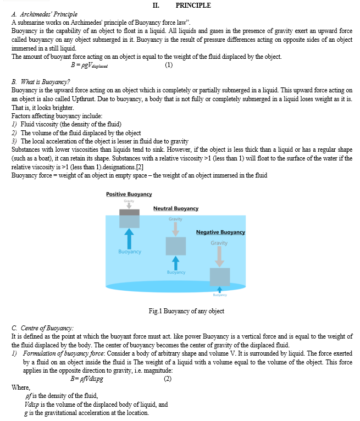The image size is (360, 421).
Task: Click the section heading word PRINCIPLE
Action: click(x=193, y=5)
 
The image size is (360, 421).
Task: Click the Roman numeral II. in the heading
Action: click(x=156, y=5)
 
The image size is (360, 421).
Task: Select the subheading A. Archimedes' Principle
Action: click(x=44, y=14)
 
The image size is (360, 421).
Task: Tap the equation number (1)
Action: click(x=168, y=65)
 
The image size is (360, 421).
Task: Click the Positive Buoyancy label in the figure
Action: click(x=129, y=195)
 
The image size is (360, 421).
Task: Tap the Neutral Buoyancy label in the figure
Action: click(x=176, y=208)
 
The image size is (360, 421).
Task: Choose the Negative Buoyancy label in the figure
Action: click(x=220, y=232)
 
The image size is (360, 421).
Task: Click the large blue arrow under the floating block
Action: click(x=130, y=238)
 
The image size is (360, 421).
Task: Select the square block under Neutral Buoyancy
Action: click(x=176, y=245)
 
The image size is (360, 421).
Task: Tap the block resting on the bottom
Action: click(x=219, y=276)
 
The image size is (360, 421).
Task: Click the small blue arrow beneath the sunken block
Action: click(x=219, y=289)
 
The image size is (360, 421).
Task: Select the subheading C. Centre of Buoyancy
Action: click(x=42, y=328)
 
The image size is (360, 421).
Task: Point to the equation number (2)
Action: click(x=168, y=379)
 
